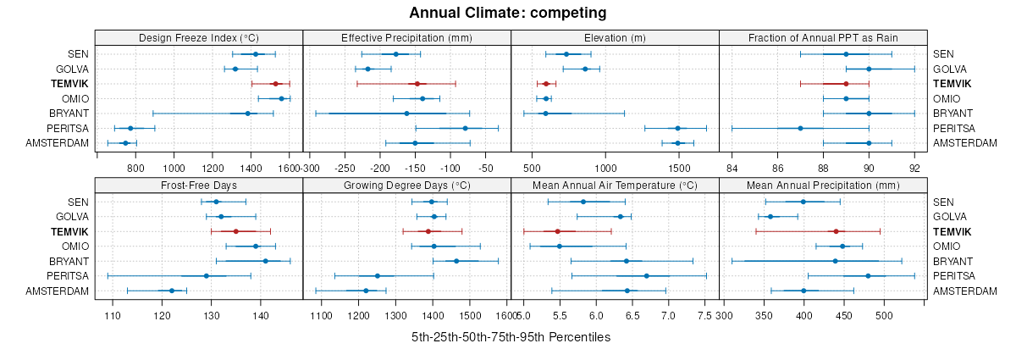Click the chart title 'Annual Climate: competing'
click(x=507, y=13)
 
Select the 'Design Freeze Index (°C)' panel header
click(x=199, y=37)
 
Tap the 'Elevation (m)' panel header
click(x=615, y=37)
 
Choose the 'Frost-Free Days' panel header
click(x=199, y=185)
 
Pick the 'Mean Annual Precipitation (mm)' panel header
click(x=823, y=185)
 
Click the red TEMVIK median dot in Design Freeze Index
click(x=275, y=84)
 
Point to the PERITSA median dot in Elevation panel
click(x=677, y=128)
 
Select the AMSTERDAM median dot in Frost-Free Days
click(x=172, y=291)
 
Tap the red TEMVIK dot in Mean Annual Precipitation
click(x=836, y=231)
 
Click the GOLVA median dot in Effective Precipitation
click(x=367, y=69)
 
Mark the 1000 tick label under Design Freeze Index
click(x=174, y=168)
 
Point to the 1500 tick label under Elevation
click(x=677, y=168)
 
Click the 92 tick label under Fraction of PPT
click(x=914, y=168)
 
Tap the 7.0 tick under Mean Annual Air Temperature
click(x=668, y=315)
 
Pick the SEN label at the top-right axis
click(x=944, y=54)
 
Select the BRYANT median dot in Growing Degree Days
click(x=456, y=261)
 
